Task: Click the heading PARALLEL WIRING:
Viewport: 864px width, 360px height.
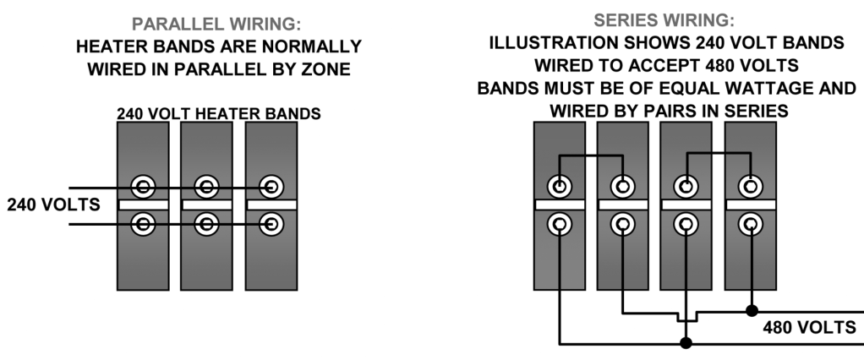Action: pos(218,23)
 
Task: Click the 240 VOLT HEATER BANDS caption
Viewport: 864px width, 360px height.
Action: pos(218,112)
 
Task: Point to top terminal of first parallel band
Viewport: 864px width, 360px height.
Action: pos(144,187)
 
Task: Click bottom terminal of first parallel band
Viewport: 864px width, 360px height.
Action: pos(144,224)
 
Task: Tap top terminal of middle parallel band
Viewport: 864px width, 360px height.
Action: pos(207,187)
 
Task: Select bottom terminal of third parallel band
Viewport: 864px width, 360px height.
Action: pos(271,224)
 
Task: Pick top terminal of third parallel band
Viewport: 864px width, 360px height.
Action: pos(271,187)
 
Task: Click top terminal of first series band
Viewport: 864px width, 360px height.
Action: pos(560,186)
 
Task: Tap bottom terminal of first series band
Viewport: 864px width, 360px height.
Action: pos(560,224)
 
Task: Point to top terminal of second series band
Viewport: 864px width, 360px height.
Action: pos(623,186)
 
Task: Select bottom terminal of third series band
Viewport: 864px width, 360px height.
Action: pos(686,224)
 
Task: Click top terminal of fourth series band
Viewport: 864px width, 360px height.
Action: pos(749,186)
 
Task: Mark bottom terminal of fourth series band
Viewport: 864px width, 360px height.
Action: pos(749,224)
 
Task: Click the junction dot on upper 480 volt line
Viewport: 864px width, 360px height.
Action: pos(749,310)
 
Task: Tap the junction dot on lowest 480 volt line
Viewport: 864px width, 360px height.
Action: pos(686,343)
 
